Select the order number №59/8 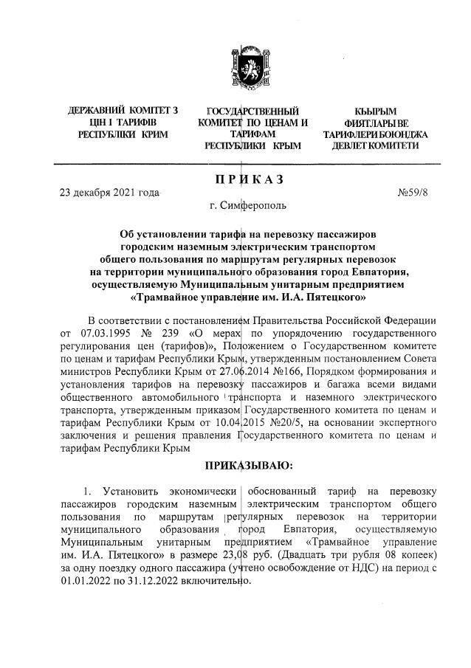point(414,193)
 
